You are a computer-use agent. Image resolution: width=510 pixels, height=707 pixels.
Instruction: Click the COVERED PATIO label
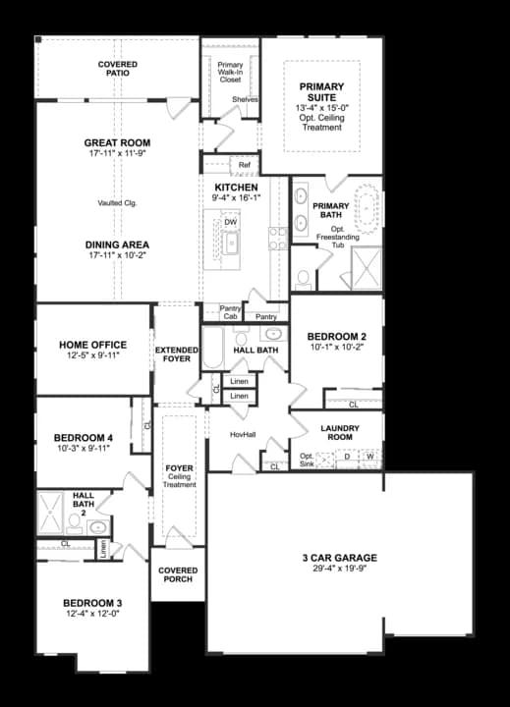tap(117, 69)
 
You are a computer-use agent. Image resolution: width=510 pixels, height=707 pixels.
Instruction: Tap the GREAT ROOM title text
tap(117, 142)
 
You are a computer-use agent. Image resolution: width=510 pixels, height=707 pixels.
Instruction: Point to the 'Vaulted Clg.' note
tap(117, 203)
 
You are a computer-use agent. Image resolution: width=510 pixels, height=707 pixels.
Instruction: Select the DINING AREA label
tap(117, 245)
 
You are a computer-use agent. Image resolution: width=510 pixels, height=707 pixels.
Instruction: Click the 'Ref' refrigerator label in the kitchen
tap(244, 165)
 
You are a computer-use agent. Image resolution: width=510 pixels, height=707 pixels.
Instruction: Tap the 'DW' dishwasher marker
tap(230, 222)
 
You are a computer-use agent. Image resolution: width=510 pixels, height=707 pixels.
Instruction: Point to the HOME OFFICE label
tap(92, 345)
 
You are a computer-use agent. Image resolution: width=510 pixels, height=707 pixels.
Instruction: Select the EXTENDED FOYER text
tap(177, 354)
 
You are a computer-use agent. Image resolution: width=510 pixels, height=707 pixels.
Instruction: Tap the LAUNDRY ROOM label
tap(339, 433)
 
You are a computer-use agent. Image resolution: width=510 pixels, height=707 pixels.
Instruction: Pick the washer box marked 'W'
tap(370, 457)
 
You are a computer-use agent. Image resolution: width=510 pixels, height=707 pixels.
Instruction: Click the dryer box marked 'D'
tap(347, 457)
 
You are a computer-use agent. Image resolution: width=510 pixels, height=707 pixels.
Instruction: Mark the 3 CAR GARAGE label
tap(339, 558)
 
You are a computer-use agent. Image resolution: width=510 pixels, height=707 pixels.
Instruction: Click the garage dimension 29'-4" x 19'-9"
tap(339, 570)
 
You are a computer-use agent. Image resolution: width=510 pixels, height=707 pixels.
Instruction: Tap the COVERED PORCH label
tap(177, 575)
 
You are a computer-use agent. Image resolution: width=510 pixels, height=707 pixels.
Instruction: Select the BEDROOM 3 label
tap(92, 602)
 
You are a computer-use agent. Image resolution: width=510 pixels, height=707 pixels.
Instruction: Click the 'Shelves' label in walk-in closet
tap(245, 100)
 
